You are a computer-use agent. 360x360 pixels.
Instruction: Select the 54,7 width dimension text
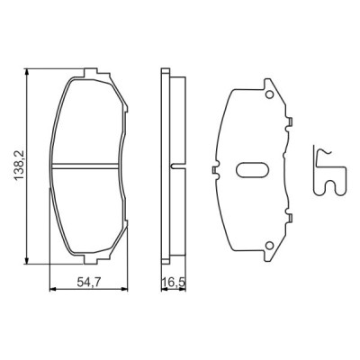pyautogui.click(x=86, y=283)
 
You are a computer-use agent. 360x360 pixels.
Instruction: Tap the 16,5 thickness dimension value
pyautogui.click(x=171, y=283)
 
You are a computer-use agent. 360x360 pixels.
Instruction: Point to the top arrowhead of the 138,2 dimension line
pyautogui.click(x=29, y=68)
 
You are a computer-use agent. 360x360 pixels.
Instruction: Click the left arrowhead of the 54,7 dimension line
pyautogui.click(x=50, y=288)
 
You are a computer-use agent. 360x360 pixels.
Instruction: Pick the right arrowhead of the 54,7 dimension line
pyautogui.click(x=122, y=288)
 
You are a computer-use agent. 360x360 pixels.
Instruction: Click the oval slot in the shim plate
pyautogui.click(x=251, y=170)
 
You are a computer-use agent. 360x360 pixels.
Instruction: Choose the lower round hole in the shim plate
pyautogui.click(x=269, y=246)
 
